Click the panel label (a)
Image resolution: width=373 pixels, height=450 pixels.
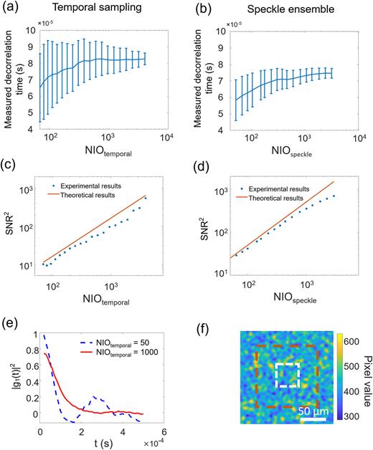point(14,8)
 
